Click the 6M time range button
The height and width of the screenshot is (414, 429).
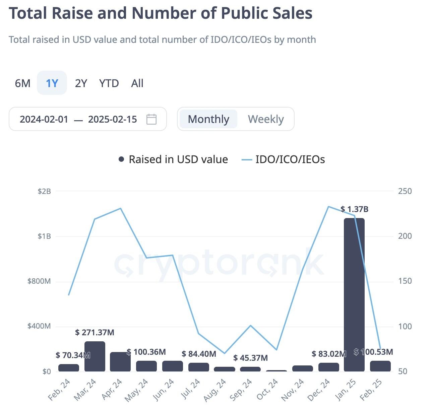pyautogui.click(x=22, y=83)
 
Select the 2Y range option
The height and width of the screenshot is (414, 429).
pyautogui.click(x=81, y=83)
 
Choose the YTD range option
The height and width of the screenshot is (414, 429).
pyautogui.click(x=109, y=83)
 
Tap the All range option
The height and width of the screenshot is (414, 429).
pyautogui.click(x=137, y=83)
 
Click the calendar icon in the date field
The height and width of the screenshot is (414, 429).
pyautogui.click(x=151, y=119)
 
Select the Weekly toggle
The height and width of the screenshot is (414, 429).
pyautogui.click(x=266, y=119)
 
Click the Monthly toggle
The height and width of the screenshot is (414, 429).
pyautogui.click(x=208, y=119)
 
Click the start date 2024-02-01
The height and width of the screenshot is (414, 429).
pyautogui.click(x=44, y=119)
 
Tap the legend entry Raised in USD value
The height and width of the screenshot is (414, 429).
pyautogui.click(x=173, y=159)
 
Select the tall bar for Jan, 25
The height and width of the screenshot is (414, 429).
pyautogui.click(x=354, y=295)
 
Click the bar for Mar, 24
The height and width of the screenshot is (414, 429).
pyautogui.click(x=95, y=356)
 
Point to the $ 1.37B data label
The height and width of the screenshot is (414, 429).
pyautogui.click(x=354, y=209)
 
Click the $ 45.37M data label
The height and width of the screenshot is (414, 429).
pyautogui.click(x=250, y=358)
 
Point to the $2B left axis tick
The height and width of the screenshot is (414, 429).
pyautogui.click(x=44, y=191)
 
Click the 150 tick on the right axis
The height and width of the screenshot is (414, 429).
pyautogui.click(x=405, y=281)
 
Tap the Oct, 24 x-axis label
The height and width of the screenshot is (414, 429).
pyautogui.click(x=267, y=390)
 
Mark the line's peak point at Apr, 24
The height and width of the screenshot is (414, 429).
pyautogui.click(x=121, y=208)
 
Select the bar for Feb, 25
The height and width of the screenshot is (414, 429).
pyautogui.click(x=380, y=366)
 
